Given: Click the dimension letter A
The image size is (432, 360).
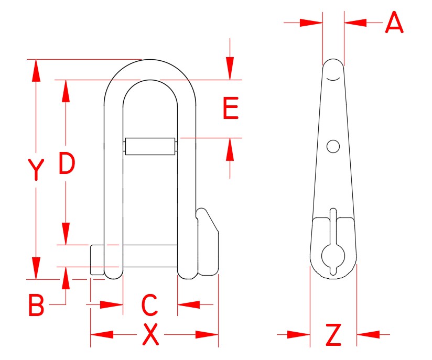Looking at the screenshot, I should point(394,23).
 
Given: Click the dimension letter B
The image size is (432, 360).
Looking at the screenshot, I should point(36,306).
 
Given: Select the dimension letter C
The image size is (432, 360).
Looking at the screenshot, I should point(150,305).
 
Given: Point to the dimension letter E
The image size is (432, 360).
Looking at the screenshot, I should point(231,109).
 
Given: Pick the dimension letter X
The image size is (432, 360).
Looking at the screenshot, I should point(151,335).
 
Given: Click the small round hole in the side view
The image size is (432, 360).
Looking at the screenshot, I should point(333,146).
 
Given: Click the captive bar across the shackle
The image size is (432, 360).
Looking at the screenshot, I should point(149,146).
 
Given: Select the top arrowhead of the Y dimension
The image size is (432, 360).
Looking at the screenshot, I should point(36,70).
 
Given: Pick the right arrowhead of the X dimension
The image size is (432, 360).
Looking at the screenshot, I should point(208,334).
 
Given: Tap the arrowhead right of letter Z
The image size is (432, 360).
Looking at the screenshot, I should point(368,334).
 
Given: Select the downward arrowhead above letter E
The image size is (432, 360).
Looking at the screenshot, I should point(230,68).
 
